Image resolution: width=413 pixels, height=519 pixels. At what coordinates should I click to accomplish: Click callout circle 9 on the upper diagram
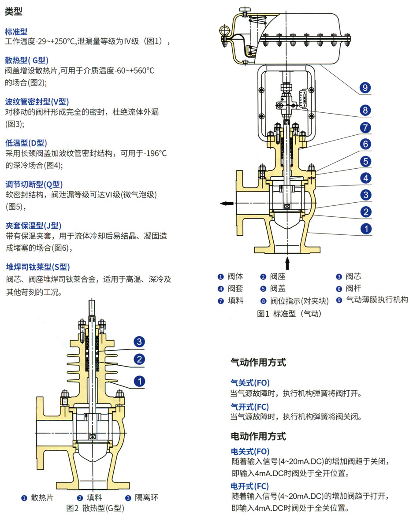365,88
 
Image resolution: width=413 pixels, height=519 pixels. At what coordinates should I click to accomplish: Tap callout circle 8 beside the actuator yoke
365,110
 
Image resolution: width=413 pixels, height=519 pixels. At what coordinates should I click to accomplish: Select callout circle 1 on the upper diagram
365,229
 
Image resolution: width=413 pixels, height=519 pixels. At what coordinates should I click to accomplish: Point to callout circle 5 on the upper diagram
365,161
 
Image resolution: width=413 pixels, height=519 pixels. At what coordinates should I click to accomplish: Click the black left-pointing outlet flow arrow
227,203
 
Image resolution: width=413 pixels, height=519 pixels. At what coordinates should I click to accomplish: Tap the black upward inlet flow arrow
288,263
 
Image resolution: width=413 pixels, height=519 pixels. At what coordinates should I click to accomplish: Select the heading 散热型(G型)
27,60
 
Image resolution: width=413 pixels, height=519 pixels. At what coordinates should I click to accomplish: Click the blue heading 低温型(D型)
26,143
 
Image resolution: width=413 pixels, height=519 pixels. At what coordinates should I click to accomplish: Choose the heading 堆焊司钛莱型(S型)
38,267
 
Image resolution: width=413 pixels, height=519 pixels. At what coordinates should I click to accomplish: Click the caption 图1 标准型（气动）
289,314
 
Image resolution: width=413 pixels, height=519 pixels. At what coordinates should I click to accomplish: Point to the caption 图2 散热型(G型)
95,508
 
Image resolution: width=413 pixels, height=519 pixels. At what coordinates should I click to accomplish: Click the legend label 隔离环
146,498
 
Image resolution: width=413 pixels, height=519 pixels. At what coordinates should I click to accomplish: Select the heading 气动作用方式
258,363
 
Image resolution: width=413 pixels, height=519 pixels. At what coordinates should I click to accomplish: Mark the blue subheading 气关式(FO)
250,383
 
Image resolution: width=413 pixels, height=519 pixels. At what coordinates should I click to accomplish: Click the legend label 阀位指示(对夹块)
300,301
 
